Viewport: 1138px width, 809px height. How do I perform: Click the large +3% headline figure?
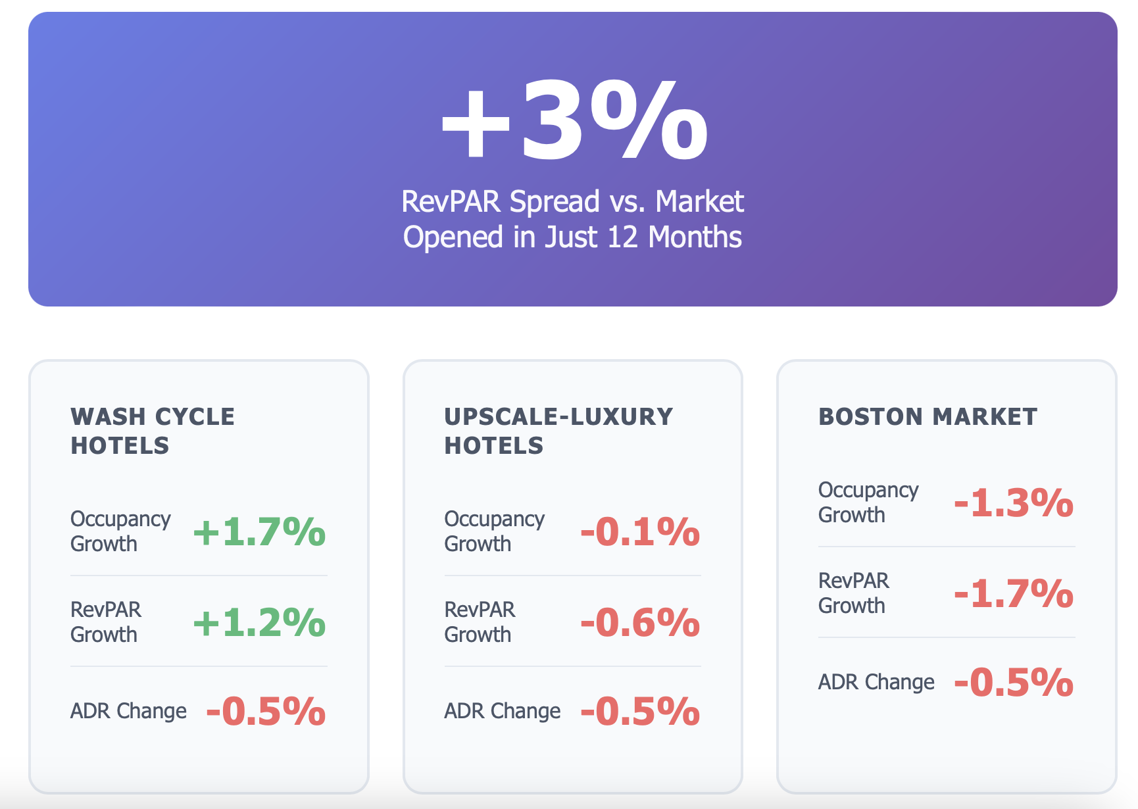click(574, 120)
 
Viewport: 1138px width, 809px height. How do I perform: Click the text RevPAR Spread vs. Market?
click(572, 201)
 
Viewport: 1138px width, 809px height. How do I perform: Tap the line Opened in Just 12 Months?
click(572, 237)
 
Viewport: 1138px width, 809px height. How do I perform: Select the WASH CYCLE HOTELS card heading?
click(153, 431)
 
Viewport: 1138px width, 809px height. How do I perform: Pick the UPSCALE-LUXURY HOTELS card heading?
click(558, 431)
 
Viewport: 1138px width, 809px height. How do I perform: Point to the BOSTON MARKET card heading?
click(928, 416)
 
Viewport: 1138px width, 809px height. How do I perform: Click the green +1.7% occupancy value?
click(259, 531)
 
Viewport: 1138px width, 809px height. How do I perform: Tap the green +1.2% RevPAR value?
click(259, 622)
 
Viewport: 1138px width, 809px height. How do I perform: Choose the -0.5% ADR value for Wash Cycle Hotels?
click(266, 711)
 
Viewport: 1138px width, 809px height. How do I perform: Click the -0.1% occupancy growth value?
click(639, 531)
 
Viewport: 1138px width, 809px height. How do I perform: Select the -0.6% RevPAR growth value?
click(639, 622)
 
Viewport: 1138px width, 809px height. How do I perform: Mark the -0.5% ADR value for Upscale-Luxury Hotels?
click(639, 711)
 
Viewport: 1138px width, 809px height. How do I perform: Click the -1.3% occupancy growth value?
click(1013, 503)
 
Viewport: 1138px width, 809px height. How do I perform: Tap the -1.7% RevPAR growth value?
click(1013, 593)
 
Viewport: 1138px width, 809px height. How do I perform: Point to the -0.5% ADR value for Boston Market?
click(1013, 682)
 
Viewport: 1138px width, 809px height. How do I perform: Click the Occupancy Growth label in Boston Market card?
click(868, 503)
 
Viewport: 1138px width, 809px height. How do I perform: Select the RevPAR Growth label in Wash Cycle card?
click(105, 622)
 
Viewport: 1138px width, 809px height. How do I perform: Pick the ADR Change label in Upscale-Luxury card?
click(502, 711)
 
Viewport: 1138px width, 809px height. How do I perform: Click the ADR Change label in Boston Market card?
click(876, 682)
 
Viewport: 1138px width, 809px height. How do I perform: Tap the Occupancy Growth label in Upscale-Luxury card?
click(494, 531)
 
